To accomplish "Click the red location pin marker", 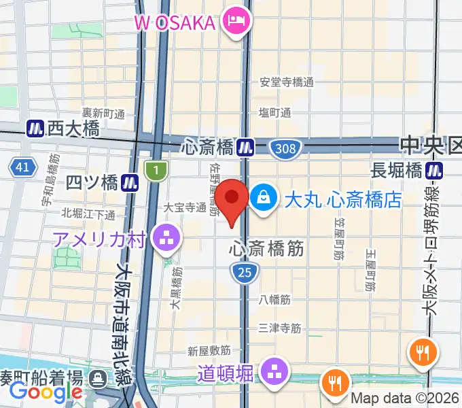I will [x=233, y=199].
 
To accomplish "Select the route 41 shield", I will [x=22, y=167].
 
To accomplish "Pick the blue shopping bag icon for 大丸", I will [x=262, y=199].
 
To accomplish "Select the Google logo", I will [x=46, y=392].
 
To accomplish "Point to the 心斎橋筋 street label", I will [x=265, y=249].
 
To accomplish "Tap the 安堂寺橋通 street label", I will [x=287, y=82].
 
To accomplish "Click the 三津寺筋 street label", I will [x=279, y=328].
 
